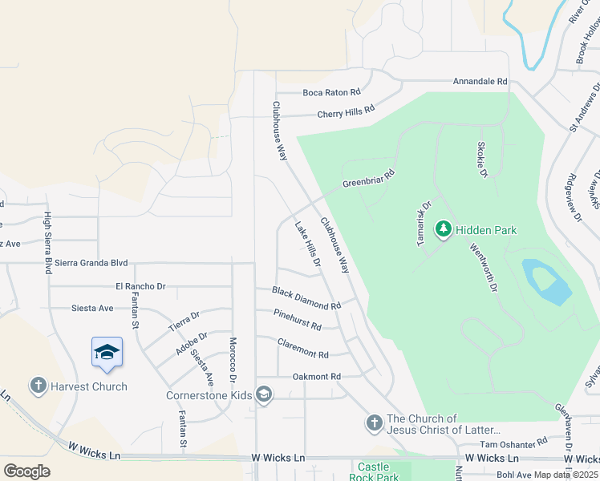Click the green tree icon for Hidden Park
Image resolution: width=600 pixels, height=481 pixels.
(x=443, y=230)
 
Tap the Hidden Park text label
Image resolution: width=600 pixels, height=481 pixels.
(x=486, y=230)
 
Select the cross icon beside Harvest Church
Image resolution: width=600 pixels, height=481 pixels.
(x=38, y=386)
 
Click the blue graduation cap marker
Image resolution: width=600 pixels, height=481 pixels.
(x=107, y=353)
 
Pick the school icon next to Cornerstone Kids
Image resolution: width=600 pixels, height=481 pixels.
(x=264, y=394)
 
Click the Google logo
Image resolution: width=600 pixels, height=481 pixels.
(x=26, y=471)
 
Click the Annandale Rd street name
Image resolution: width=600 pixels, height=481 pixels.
(x=480, y=82)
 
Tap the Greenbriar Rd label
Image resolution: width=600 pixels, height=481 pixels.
(x=369, y=178)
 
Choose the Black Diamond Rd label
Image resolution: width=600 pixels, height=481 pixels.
(x=306, y=299)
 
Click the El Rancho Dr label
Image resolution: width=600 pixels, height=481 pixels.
(x=140, y=285)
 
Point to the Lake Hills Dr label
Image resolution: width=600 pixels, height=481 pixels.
(x=308, y=245)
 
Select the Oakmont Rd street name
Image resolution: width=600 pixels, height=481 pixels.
(x=317, y=376)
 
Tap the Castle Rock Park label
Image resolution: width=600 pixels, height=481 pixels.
(x=374, y=471)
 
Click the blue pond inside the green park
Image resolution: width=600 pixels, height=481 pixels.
(x=547, y=281)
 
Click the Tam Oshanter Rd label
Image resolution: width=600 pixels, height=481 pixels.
(x=513, y=442)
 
